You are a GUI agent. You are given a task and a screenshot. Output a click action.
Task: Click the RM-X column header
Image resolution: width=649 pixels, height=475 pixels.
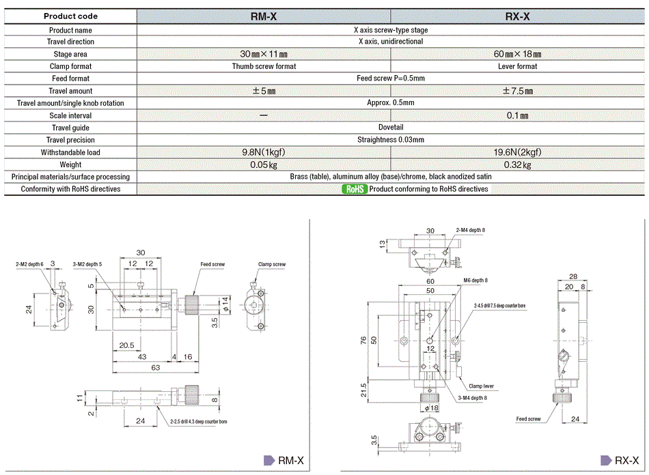(264, 16)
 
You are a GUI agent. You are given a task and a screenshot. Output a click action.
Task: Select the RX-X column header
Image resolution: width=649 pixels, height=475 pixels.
(518, 16)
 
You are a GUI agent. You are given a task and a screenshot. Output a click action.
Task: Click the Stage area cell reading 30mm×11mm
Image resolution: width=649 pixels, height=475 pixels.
(264, 54)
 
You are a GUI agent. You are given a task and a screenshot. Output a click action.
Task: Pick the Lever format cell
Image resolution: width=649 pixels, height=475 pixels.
(518, 66)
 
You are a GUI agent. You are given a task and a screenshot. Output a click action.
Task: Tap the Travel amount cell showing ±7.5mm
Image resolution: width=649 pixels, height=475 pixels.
(518, 91)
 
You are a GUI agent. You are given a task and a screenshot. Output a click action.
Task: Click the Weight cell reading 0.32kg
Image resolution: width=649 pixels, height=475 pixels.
(518, 164)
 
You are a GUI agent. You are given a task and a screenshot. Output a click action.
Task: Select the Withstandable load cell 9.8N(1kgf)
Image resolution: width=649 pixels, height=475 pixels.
(264, 152)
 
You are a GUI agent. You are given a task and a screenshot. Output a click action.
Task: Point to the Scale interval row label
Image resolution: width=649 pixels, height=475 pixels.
(70, 115)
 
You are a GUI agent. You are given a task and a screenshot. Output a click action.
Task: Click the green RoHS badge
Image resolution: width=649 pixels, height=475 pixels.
(355, 189)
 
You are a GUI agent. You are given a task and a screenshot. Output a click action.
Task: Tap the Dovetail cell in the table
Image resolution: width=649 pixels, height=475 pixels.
(391, 128)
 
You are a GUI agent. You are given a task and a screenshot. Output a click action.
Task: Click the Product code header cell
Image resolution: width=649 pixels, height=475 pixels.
(70, 16)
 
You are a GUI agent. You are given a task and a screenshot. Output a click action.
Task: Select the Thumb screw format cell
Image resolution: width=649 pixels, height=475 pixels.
(264, 66)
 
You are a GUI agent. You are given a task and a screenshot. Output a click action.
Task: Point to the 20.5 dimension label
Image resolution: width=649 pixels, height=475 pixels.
(126, 345)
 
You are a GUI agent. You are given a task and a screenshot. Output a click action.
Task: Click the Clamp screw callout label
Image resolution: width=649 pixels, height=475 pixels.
(272, 264)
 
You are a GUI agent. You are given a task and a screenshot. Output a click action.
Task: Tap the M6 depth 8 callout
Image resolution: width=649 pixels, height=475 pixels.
(476, 280)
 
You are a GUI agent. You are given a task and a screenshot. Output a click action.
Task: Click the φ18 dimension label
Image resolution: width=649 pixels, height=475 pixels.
(432, 408)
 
